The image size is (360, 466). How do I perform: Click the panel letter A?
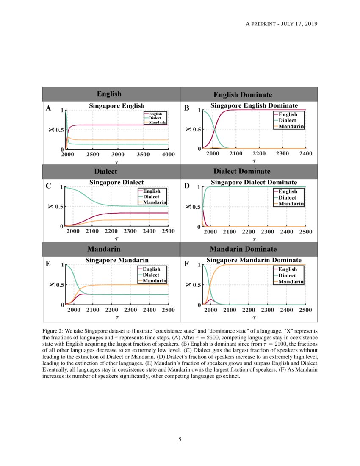[x=48, y=108]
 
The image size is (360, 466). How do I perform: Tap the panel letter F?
[x=187, y=264]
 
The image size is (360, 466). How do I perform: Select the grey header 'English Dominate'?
[x=249, y=94]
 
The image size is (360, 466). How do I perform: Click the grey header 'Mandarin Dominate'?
[x=249, y=249]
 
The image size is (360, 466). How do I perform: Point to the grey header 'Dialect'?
[x=105, y=172]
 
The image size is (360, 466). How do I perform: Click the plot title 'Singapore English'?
[x=116, y=106]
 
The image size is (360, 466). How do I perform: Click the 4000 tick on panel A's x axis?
[x=169, y=155]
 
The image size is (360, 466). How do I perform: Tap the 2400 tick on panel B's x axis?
[x=305, y=154]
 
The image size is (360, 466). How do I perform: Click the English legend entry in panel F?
[x=288, y=269]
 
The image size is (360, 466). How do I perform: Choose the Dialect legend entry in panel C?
[x=151, y=197]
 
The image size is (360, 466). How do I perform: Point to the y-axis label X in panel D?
[x=189, y=207]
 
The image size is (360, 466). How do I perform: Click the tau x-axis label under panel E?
[x=117, y=316]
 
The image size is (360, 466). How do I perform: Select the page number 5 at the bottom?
[x=180, y=439]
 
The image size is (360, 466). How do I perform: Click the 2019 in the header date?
[x=310, y=24]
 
